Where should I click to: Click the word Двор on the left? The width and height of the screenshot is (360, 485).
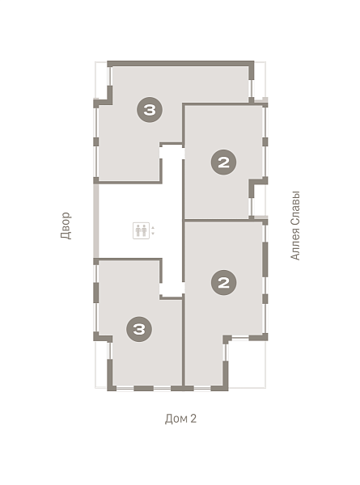tap(66, 226)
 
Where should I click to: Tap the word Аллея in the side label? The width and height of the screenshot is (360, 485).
tap(295, 244)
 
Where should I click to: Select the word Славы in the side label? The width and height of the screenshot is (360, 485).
tap(295, 209)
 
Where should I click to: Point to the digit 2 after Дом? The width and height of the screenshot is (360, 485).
tap(193, 419)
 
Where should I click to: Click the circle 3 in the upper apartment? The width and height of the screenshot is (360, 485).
tap(150, 109)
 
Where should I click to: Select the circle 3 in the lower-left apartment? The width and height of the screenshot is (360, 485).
tap(139, 329)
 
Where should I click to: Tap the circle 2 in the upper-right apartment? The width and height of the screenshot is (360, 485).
tap(223, 162)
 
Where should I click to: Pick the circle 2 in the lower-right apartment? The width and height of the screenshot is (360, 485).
tap(223, 282)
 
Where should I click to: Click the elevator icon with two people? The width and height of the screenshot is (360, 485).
tap(141, 230)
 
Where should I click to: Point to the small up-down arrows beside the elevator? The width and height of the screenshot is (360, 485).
tap(153, 230)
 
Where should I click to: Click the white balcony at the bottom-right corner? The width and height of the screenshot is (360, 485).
tap(247, 363)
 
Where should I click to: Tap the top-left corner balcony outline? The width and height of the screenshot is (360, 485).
tap(102, 79)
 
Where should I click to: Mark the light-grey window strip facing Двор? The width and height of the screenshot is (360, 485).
tap(96, 221)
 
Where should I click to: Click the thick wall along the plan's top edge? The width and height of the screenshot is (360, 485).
tap(180, 64)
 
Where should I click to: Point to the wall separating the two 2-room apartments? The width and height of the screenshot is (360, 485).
tap(225, 220)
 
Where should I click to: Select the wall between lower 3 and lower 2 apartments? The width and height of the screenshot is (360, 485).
tap(184, 340)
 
